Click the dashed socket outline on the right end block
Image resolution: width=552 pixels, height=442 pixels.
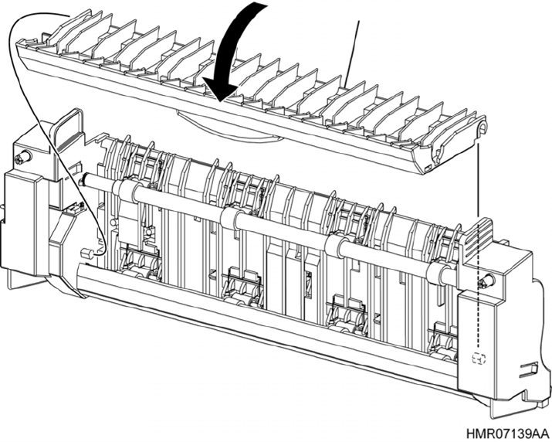pos(478,358)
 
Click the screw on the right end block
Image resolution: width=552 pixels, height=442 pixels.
pos(485,282)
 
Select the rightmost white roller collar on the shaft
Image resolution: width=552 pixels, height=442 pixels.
pos(442,271)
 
